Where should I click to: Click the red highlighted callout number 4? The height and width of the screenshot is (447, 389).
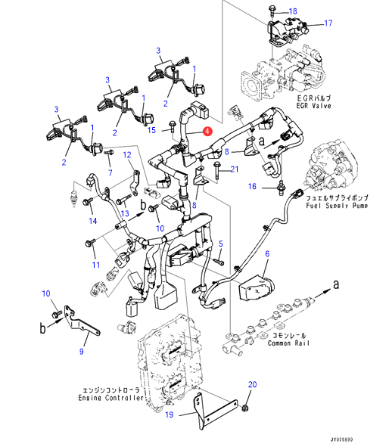[x=207, y=132]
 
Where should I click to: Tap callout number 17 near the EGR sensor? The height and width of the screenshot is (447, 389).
[x=328, y=23]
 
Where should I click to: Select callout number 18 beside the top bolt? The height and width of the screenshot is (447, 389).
[x=293, y=11]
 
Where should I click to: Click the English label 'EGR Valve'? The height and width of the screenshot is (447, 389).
[x=314, y=106]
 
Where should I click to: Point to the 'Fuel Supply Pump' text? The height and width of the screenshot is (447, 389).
[x=337, y=205]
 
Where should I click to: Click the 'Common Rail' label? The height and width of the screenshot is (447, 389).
[x=288, y=343]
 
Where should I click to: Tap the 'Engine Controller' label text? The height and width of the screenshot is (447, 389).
[x=110, y=397]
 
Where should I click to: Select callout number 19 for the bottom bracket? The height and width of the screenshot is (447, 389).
[x=169, y=414]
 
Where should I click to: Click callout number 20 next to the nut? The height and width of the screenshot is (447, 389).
[x=252, y=384]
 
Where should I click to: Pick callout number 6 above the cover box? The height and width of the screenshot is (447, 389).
[x=267, y=253]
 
